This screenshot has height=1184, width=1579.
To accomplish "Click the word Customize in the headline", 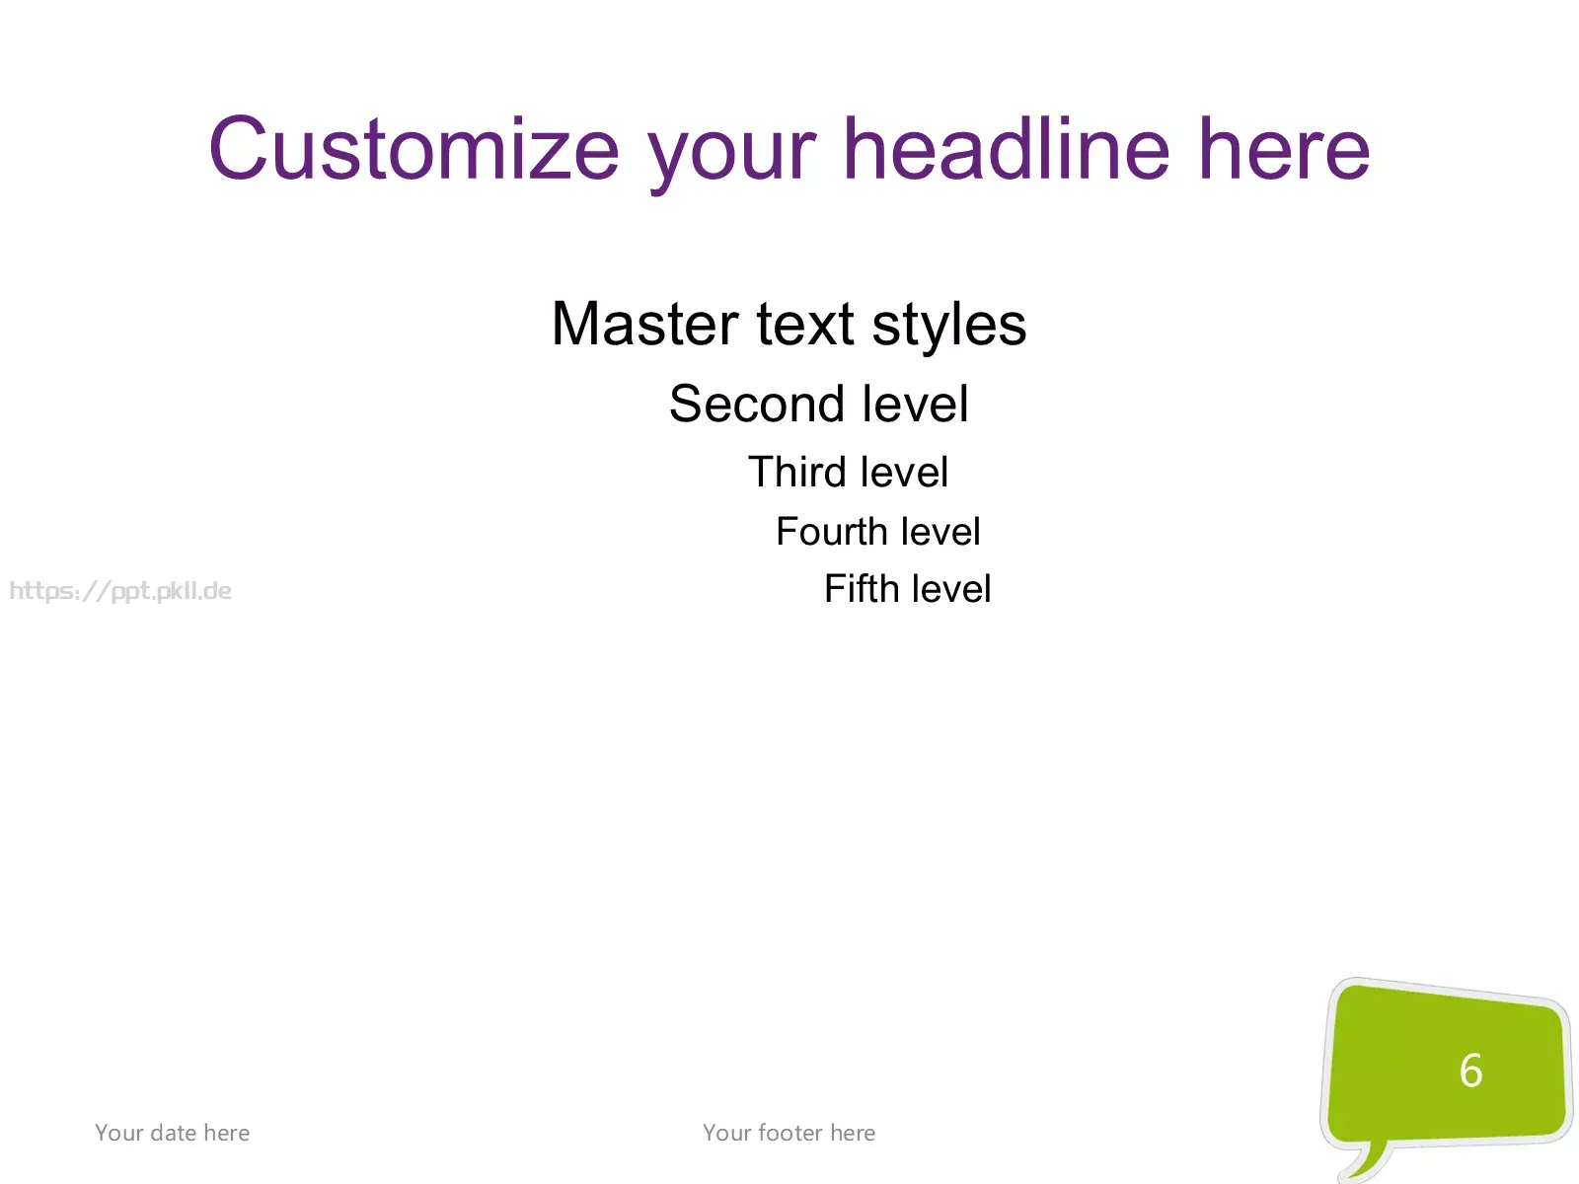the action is [x=414, y=149].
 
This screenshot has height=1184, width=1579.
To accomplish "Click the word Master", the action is [x=644, y=325].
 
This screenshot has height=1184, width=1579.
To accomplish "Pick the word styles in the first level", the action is [x=948, y=326].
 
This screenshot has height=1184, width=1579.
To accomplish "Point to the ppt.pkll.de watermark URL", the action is [x=120, y=591].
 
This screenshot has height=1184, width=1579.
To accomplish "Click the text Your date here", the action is [x=173, y=1133].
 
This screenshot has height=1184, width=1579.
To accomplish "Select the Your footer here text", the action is [x=789, y=1133].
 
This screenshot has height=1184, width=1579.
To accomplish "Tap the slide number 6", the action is [x=1471, y=1070].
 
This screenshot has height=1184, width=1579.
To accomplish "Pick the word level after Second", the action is [x=915, y=404].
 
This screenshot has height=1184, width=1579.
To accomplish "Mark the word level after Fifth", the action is [x=951, y=588].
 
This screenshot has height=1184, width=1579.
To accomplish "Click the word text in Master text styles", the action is [x=805, y=326].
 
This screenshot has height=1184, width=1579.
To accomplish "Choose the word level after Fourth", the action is [x=940, y=531].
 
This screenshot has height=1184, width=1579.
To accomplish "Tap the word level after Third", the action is [x=904, y=472].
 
